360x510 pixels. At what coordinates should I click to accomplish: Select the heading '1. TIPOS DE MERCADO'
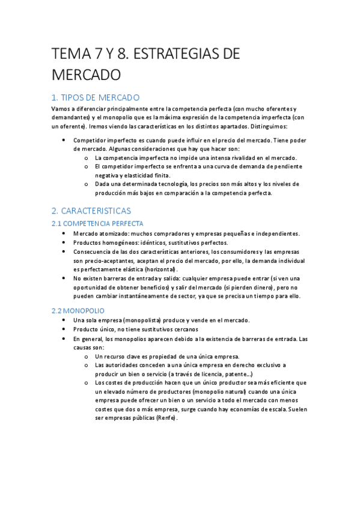[96, 97]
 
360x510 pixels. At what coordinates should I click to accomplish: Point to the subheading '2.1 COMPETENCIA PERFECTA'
[97, 224]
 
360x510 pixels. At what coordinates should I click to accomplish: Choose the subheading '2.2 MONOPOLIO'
[78, 311]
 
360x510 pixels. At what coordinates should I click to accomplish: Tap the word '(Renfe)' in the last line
[166, 419]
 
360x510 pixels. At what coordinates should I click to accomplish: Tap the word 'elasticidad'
[136, 175]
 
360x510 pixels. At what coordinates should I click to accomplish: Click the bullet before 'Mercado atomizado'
[64, 233]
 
